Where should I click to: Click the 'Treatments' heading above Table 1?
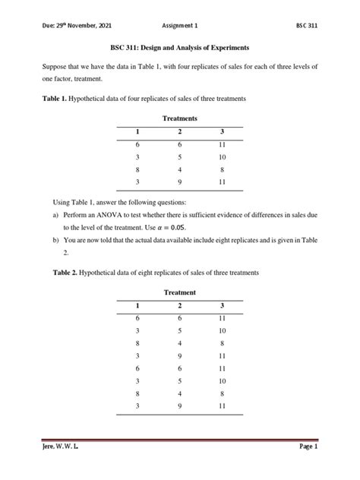tap(180, 119)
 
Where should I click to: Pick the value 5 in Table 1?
tap(179, 158)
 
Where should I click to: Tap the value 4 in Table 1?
tap(179, 170)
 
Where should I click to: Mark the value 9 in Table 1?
tap(179, 183)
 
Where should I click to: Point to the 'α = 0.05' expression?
tap(167, 228)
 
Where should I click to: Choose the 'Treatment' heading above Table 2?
tap(180, 292)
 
